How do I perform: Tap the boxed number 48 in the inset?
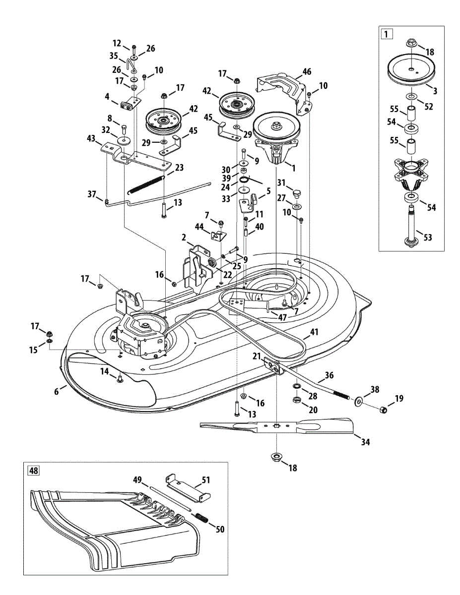(34, 470)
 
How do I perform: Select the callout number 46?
(307, 72)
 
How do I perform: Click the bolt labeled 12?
(134, 48)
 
